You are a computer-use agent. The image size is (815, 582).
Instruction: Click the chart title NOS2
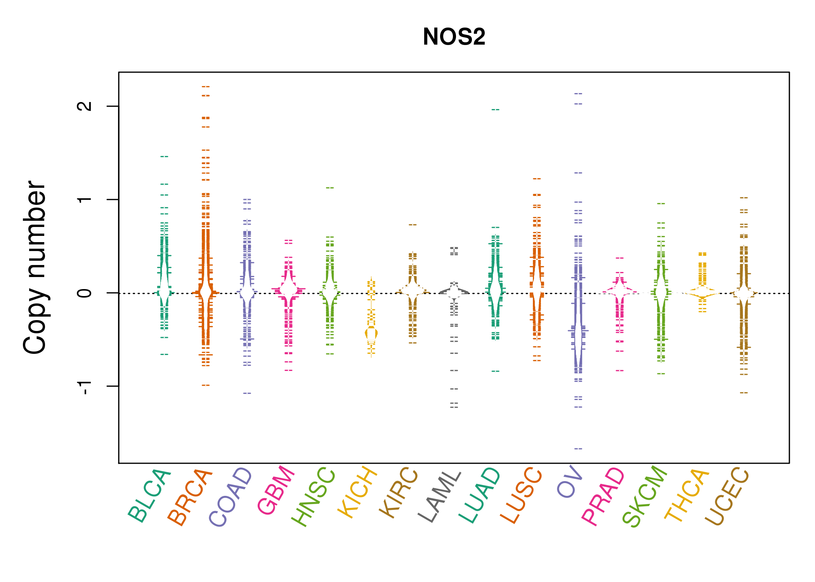pyautogui.click(x=454, y=37)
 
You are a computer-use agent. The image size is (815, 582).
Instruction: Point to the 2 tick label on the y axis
pyautogui.click(x=85, y=106)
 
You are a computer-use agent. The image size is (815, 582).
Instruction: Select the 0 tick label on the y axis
pyautogui.click(x=85, y=293)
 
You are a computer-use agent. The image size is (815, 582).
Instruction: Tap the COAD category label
pyautogui.click(x=231, y=497)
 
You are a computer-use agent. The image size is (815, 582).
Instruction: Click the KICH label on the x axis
pyautogui.click(x=357, y=492)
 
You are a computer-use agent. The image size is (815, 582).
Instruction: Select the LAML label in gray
pyautogui.click(x=440, y=497)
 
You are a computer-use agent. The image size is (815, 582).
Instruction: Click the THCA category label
pyautogui.click(x=687, y=495)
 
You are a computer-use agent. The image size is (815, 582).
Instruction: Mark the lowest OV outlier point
pyautogui.click(x=578, y=449)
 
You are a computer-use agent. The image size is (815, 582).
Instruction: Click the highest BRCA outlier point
pyautogui.click(x=206, y=87)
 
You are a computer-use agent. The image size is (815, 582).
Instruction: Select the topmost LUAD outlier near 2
pyautogui.click(x=496, y=109)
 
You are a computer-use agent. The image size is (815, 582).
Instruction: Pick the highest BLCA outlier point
pyautogui.click(x=165, y=156)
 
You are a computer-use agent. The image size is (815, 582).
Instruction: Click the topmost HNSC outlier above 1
pyautogui.click(x=330, y=188)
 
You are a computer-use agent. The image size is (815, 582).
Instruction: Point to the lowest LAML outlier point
pyautogui.click(x=454, y=407)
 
